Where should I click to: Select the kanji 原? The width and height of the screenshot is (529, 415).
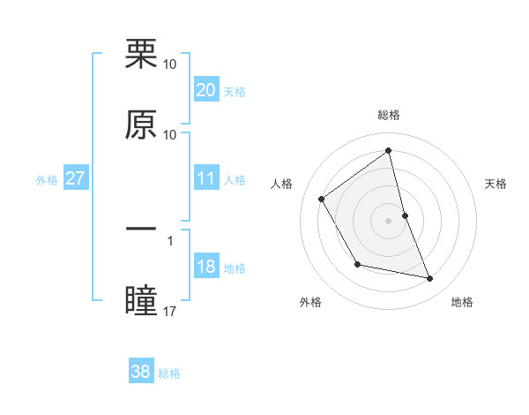click(141, 125)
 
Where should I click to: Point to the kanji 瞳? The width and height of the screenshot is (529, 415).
click(141, 299)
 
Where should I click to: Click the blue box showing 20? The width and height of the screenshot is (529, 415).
click(205, 90)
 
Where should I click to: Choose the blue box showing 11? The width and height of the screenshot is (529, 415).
click(205, 178)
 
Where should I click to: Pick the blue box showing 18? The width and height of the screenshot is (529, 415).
click(205, 267)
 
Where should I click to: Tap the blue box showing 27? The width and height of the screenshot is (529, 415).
click(75, 178)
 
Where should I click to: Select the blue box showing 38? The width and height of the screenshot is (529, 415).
click(141, 372)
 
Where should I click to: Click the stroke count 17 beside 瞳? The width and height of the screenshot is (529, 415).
click(170, 311)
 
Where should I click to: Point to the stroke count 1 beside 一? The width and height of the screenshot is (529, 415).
click(170, 238)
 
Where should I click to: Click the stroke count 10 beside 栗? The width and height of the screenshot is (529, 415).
click(170, 64)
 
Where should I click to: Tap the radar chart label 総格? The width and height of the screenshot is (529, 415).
click(389, 116)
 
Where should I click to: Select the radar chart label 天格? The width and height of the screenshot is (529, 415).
click(495, 184)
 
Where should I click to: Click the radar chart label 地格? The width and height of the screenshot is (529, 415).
click(462, 303)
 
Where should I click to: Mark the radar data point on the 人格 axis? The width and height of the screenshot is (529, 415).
click(322, 200)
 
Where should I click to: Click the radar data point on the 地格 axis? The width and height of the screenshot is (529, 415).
click(430, 279)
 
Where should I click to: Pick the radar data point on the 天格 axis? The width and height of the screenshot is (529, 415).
click(405, 215)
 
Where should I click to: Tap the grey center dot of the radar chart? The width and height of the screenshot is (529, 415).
click(389, 221)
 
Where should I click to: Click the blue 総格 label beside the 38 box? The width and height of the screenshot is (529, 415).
click(169, 373)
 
